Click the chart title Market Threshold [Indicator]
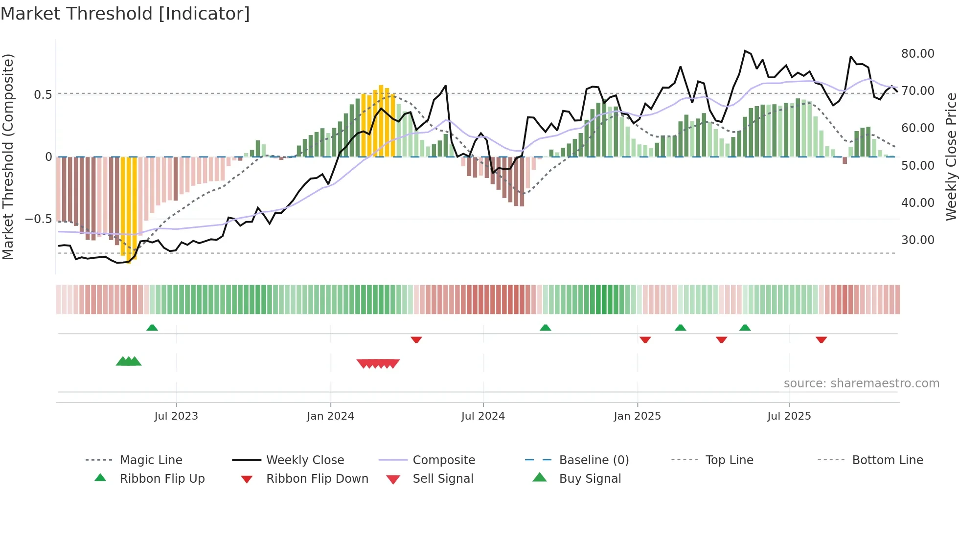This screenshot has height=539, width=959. (125, 14)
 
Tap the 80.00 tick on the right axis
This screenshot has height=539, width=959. (917, 53)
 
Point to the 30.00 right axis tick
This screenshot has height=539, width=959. (917, 240)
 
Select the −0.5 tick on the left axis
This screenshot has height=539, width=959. (38, 219)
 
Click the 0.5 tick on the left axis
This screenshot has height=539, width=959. (43, 94)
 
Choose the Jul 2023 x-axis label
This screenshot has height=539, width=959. (176, 416)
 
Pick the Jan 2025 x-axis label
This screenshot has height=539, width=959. (637, 416)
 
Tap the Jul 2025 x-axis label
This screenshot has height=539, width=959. (789, 416)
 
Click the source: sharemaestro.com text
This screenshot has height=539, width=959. (861, 383)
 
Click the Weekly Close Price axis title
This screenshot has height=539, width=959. (951, 157)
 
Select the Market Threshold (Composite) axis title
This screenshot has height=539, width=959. (8, 157)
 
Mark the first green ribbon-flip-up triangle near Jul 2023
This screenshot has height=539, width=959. (152, 328)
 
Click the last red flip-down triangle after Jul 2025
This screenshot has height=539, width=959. (821, 339)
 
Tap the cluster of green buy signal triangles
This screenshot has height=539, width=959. (129, 361)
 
